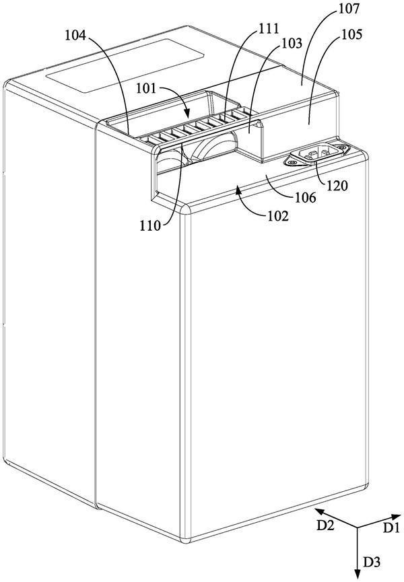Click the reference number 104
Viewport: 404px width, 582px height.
coord(75,36)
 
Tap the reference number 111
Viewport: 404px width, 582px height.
coord(268,28)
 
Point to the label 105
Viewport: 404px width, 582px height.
coord(351,34)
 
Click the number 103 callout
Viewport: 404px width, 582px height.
coord(292,44)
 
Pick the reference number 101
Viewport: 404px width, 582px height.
coord(147,89)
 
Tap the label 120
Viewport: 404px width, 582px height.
coord(337,185)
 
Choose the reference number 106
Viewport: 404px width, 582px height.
coord(305,197)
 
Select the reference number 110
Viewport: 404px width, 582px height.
coord(150,225)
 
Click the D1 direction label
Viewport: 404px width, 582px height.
coord(391,528)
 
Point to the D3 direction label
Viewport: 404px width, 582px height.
coord(372,562)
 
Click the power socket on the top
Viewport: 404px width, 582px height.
coord(316,154)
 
